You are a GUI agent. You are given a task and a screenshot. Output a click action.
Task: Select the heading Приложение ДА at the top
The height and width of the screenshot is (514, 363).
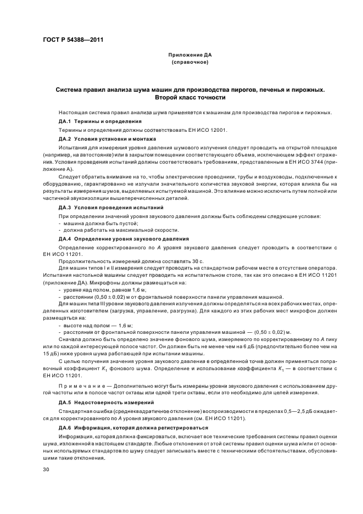[189, 55]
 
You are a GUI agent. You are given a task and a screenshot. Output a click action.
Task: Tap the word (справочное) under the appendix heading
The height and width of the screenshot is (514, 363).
[189, 62]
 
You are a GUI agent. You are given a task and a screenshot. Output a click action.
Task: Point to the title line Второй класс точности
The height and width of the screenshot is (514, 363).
[189, 97]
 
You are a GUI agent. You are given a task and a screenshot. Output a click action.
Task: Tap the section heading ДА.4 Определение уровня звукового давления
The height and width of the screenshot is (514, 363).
[124, 239]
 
